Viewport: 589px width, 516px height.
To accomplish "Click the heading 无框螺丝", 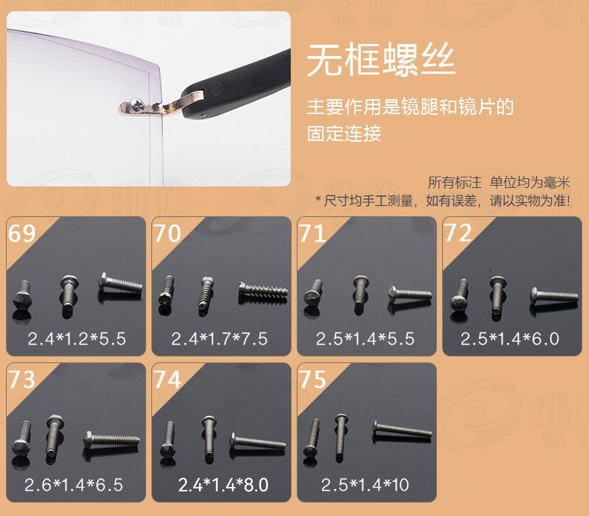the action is [x=381, y=60].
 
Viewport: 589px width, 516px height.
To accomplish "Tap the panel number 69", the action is [x=22, y=233].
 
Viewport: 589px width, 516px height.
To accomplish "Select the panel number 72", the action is [x=458, y=233].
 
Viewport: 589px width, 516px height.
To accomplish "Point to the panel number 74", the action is [x=168, y=380].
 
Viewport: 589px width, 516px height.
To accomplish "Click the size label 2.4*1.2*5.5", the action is [x=77, y=339].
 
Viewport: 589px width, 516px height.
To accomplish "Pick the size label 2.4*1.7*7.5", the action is [x=219, y=339].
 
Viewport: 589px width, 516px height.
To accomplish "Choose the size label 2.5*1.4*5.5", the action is [x=365, y=339].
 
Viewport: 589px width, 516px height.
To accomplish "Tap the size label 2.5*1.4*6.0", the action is [x=510, y=339].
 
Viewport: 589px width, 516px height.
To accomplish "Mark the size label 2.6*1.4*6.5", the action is [x=74, y=485].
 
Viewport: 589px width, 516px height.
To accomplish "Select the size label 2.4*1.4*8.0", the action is [x=223, y=485].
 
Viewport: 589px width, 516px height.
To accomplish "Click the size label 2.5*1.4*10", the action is [x=365, y=485].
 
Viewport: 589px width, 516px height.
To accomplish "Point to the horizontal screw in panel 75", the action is [x=403, y=430].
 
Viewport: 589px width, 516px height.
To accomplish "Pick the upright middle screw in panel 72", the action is [x=497, y=296].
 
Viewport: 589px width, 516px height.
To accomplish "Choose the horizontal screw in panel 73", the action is [x=112, y=439].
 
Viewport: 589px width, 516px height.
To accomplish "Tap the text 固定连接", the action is [x=344, y=133].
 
